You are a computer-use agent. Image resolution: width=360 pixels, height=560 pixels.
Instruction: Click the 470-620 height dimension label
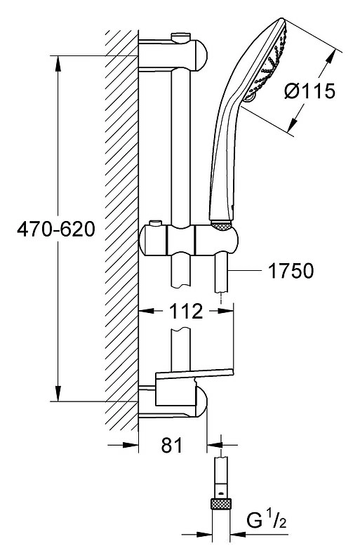tap(56, 229)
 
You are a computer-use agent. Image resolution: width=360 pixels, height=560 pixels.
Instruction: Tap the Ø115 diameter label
tap(309, 91)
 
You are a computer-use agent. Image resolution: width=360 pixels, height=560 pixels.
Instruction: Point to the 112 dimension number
tap(186, 312)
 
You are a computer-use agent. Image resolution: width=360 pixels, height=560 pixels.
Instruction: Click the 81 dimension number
tap(172, 445)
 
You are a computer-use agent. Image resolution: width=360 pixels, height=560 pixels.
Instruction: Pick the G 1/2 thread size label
tap(267, 520)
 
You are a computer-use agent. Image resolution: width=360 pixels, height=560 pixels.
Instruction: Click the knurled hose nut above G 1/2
tap(221, 504)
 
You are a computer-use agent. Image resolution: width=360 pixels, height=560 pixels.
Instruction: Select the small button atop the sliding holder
tap(155, 223)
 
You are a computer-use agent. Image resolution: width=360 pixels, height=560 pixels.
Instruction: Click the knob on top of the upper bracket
tap(181, 37)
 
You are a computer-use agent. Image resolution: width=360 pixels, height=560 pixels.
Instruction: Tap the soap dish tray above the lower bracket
tap(194, 374)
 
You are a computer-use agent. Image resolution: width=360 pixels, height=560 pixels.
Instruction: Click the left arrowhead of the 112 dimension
tap(146, 311)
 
